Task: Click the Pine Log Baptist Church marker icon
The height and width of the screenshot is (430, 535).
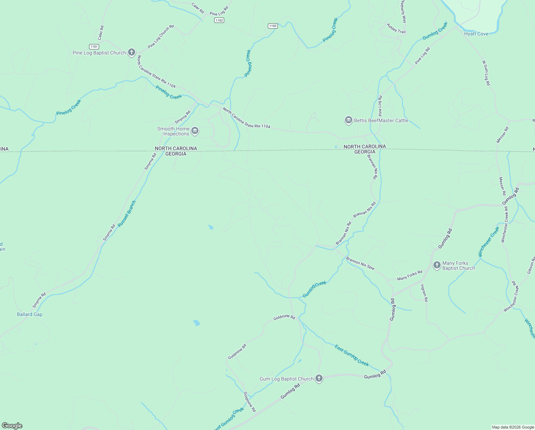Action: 131,52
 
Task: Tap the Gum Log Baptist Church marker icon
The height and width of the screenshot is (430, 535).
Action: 319,378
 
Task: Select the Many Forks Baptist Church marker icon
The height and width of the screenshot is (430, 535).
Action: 437,265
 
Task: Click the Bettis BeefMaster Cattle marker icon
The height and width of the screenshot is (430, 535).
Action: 348,120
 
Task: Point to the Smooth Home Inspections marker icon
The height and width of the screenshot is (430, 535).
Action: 195,131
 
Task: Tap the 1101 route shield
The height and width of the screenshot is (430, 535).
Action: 94,47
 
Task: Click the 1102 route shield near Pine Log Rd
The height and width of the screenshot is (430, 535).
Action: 219,20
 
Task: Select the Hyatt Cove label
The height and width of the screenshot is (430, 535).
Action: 476,34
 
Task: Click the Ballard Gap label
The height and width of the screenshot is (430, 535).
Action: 30,314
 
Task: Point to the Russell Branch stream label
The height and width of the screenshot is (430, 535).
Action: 127,213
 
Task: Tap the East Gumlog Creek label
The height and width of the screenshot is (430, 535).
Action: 352,355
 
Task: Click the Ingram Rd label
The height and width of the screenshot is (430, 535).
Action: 424,293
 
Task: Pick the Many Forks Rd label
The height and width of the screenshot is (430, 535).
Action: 409,275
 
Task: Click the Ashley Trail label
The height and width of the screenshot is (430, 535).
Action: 396,29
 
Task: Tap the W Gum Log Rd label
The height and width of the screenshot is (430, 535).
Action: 486,73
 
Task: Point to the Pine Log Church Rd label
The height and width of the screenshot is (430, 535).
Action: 161,37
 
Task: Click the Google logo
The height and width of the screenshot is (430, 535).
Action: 12,426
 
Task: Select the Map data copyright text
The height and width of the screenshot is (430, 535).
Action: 513,427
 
